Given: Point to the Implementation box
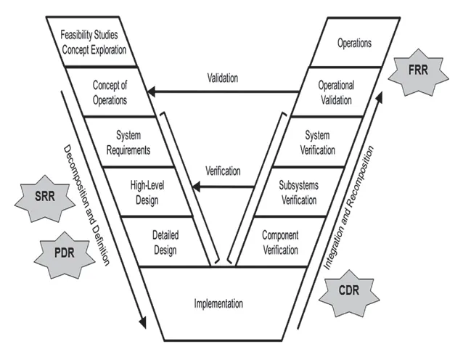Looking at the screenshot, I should pyautogui.click(x=218, y=303).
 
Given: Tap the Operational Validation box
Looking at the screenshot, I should pyautogui.click(x=335, y=93).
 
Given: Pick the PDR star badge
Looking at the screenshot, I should pyautogui.click(x=61, y=255).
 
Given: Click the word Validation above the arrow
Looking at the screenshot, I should pyautogui.click(x=222, y=78).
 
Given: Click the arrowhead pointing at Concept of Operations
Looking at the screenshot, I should pyautogui.click(x=149, y=91).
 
